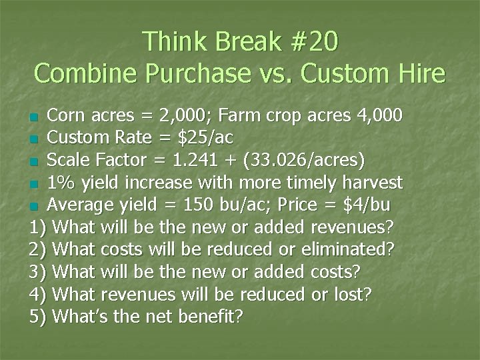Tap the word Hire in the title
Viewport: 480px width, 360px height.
(419, 73)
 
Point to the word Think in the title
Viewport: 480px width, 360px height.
(177, 41)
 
